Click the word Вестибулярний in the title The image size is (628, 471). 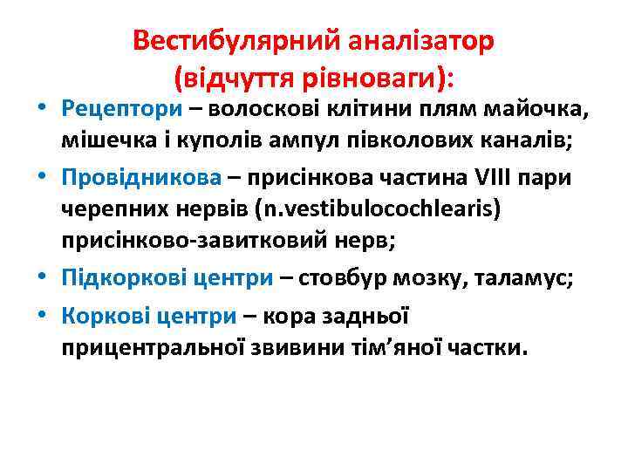point(236,41)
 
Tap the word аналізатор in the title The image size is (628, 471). point(421,41)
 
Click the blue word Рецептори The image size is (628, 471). point(121,110)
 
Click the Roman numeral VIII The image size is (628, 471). point(503,178)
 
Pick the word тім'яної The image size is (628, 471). point(411,349)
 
